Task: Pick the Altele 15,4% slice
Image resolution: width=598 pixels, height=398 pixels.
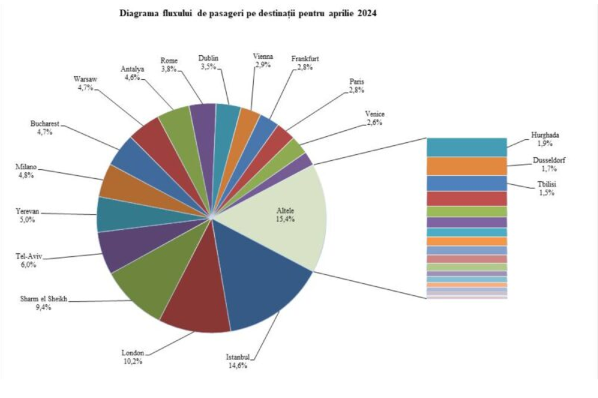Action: click(x=282, y=216)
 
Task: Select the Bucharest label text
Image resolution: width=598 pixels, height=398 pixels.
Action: click(x=45, y=128)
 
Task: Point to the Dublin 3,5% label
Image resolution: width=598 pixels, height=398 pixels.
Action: click(x=208, y=62)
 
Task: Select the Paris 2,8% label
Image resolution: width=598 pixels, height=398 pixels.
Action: click(x=357, y=85)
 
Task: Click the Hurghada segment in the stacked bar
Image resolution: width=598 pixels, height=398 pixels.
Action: click(x=467, y=147)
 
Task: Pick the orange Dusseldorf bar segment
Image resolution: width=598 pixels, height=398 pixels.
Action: click(x=467, y=166)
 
